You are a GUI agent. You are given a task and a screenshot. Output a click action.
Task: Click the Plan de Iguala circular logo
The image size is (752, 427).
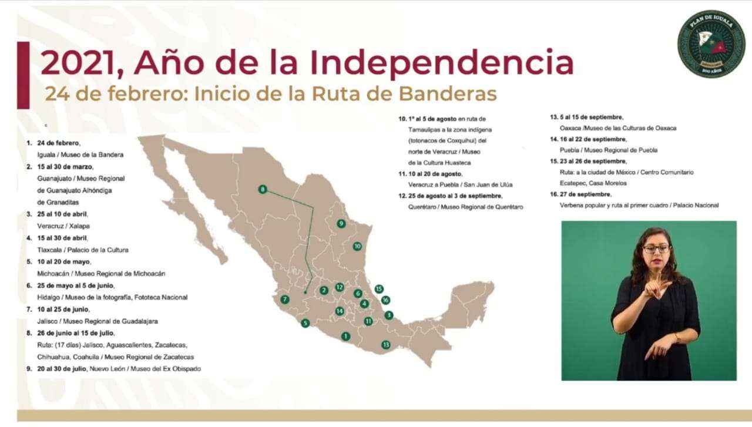click(x=711, y=43)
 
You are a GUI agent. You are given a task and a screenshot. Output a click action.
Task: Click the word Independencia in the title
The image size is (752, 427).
click(x=441, y=63)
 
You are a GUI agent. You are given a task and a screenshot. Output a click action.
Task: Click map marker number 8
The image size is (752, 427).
click(x=263, y=189)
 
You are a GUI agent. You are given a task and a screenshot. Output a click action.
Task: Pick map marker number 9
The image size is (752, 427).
click(x=341, y=223)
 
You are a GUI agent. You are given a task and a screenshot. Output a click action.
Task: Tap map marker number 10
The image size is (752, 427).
click(x=357, y=246)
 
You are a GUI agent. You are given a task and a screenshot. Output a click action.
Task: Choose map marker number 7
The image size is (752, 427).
click(x=285, y=300)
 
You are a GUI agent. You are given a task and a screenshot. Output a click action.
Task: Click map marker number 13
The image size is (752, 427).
click(x=385, y=345)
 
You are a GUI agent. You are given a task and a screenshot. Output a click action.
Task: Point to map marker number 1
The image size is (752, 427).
click(x=345, y=336)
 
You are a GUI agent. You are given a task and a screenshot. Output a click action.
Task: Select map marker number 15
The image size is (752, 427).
click(x=379, y=289)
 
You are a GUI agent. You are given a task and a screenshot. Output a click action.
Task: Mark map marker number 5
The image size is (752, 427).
click(x=305, y=323)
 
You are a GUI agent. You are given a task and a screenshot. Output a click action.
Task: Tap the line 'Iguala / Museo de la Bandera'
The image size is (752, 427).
click(x=76, y=154)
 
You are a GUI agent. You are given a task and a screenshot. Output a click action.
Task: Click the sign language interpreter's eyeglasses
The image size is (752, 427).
click(x=656, y=249)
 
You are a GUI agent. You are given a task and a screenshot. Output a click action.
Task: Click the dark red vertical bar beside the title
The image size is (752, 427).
click(x=23, y=75)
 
